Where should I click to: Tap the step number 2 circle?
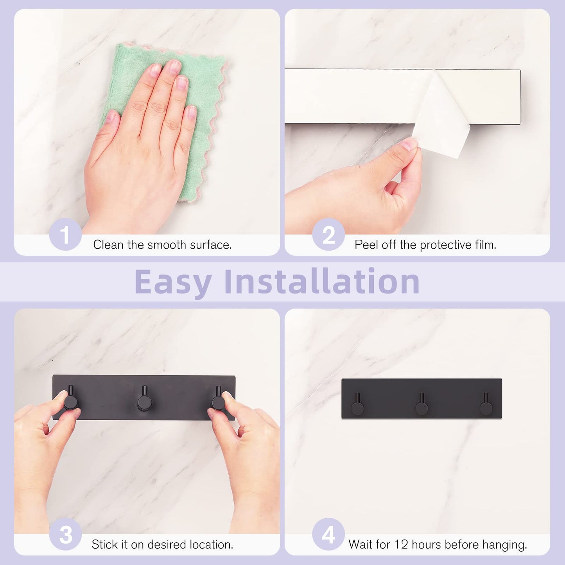coord(328,235)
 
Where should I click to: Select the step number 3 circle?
coord(65,535)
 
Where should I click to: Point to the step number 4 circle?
coord(328,535)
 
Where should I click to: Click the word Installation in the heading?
coord(322,282)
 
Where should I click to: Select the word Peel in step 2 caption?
coord(366,245)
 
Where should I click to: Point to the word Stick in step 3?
coord(104,544)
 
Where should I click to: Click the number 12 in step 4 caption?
coord(401,544)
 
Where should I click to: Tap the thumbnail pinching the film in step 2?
coord(409,144)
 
